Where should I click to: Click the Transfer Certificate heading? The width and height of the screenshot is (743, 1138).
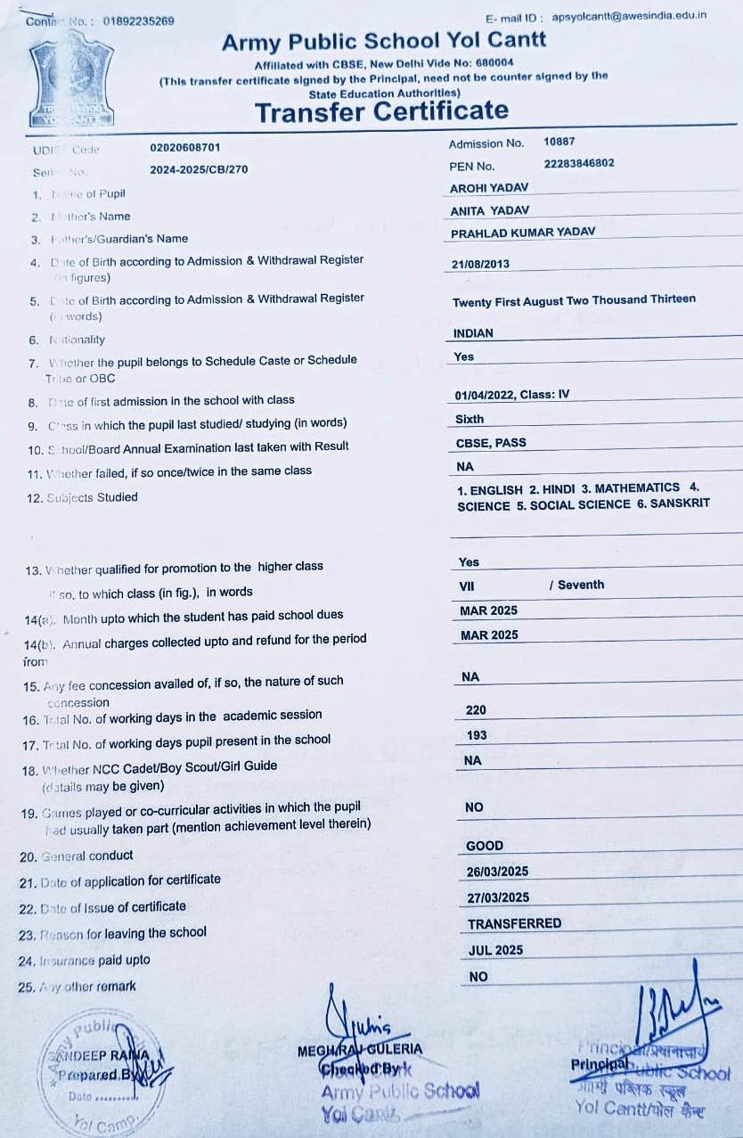[381, 111]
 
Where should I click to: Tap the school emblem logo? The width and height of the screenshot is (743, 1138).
[76, 83]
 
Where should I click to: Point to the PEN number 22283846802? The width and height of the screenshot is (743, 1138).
[578, 164]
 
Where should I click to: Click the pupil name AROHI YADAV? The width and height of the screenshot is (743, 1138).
[489, 188]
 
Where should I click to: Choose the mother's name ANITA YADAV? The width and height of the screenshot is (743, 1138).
[490, 210]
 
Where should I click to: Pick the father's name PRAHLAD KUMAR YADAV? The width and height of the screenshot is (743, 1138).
[523, 233]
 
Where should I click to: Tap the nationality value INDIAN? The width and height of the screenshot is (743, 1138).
[473, 333]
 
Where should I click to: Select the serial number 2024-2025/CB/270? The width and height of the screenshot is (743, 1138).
[199, 169]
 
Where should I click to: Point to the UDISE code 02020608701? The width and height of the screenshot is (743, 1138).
[185, 147]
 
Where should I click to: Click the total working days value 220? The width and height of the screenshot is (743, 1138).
[476, 710]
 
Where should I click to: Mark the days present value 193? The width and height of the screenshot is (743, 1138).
[477, 735]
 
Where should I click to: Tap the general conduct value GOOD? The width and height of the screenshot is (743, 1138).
[485, 846]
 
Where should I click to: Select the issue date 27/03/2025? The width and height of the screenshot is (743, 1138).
[498, 897]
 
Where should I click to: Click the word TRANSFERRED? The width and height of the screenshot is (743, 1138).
[515, 924]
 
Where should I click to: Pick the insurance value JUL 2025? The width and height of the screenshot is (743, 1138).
[496, 951]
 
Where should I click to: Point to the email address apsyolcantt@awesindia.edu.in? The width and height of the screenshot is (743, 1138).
[629, 16]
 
